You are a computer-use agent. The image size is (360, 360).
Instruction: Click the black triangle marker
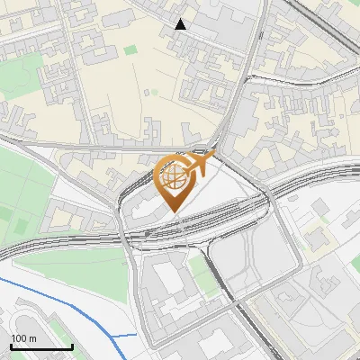[181, 24]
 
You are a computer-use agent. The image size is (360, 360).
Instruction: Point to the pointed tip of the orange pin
[174, 211]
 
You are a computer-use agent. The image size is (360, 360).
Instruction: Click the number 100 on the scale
[18, 338]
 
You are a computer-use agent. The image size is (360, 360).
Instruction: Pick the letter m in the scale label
[31, 338]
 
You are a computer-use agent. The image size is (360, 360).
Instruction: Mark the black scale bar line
[41, 346]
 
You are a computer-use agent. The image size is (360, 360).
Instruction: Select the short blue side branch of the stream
[126, 335]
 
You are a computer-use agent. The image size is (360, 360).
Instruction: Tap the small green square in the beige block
[131, 49]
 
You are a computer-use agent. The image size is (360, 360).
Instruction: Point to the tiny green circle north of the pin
[154, 92]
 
